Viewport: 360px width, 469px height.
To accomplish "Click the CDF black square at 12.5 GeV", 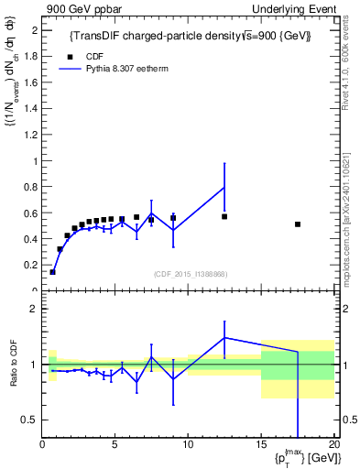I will [x=224, y=217].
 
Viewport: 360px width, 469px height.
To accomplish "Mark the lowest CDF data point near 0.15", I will [x=52, y=272].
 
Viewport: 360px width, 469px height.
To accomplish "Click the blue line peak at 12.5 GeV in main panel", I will [x=224, y=188].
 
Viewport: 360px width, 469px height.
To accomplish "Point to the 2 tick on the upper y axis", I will [x=33, y=30].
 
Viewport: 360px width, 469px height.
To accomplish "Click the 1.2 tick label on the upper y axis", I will [x=28, y=135].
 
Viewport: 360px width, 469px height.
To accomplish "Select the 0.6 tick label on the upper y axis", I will [x=28, y=213].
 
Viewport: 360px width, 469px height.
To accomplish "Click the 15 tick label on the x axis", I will [x=260, y=446].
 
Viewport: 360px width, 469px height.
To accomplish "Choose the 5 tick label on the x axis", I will [x=115, y=446].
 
